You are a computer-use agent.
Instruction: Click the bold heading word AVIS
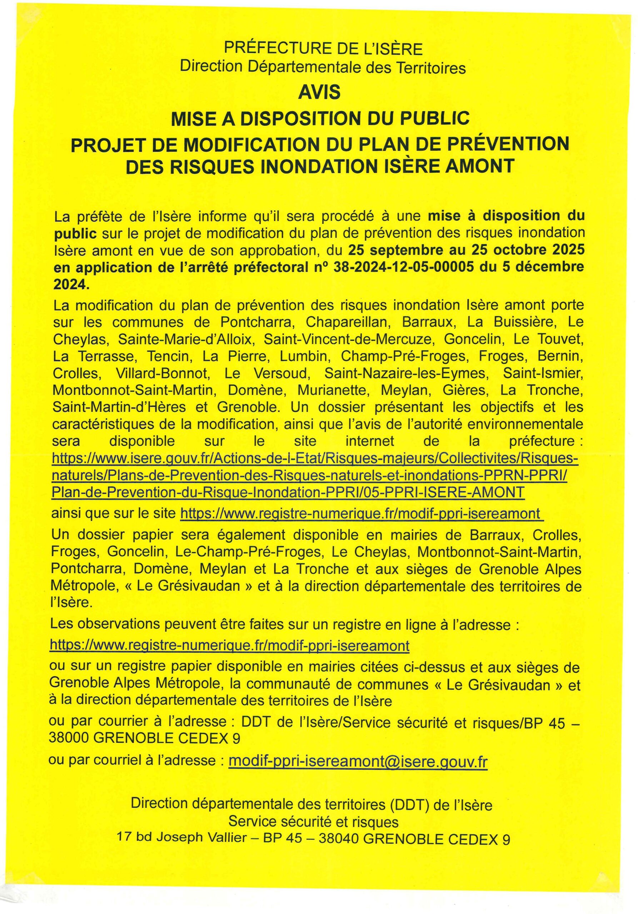(x=319, y=93)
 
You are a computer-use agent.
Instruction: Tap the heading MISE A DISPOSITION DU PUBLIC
(x=320, y=119)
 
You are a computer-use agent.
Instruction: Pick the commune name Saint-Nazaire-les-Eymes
(x=406, y=373)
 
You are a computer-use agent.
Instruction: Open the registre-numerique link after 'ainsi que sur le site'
(x=362, y=513)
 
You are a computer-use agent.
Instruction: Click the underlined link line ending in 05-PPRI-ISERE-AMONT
(x=288, y=492)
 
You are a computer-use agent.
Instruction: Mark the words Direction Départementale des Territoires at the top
(x=323, y=67)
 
